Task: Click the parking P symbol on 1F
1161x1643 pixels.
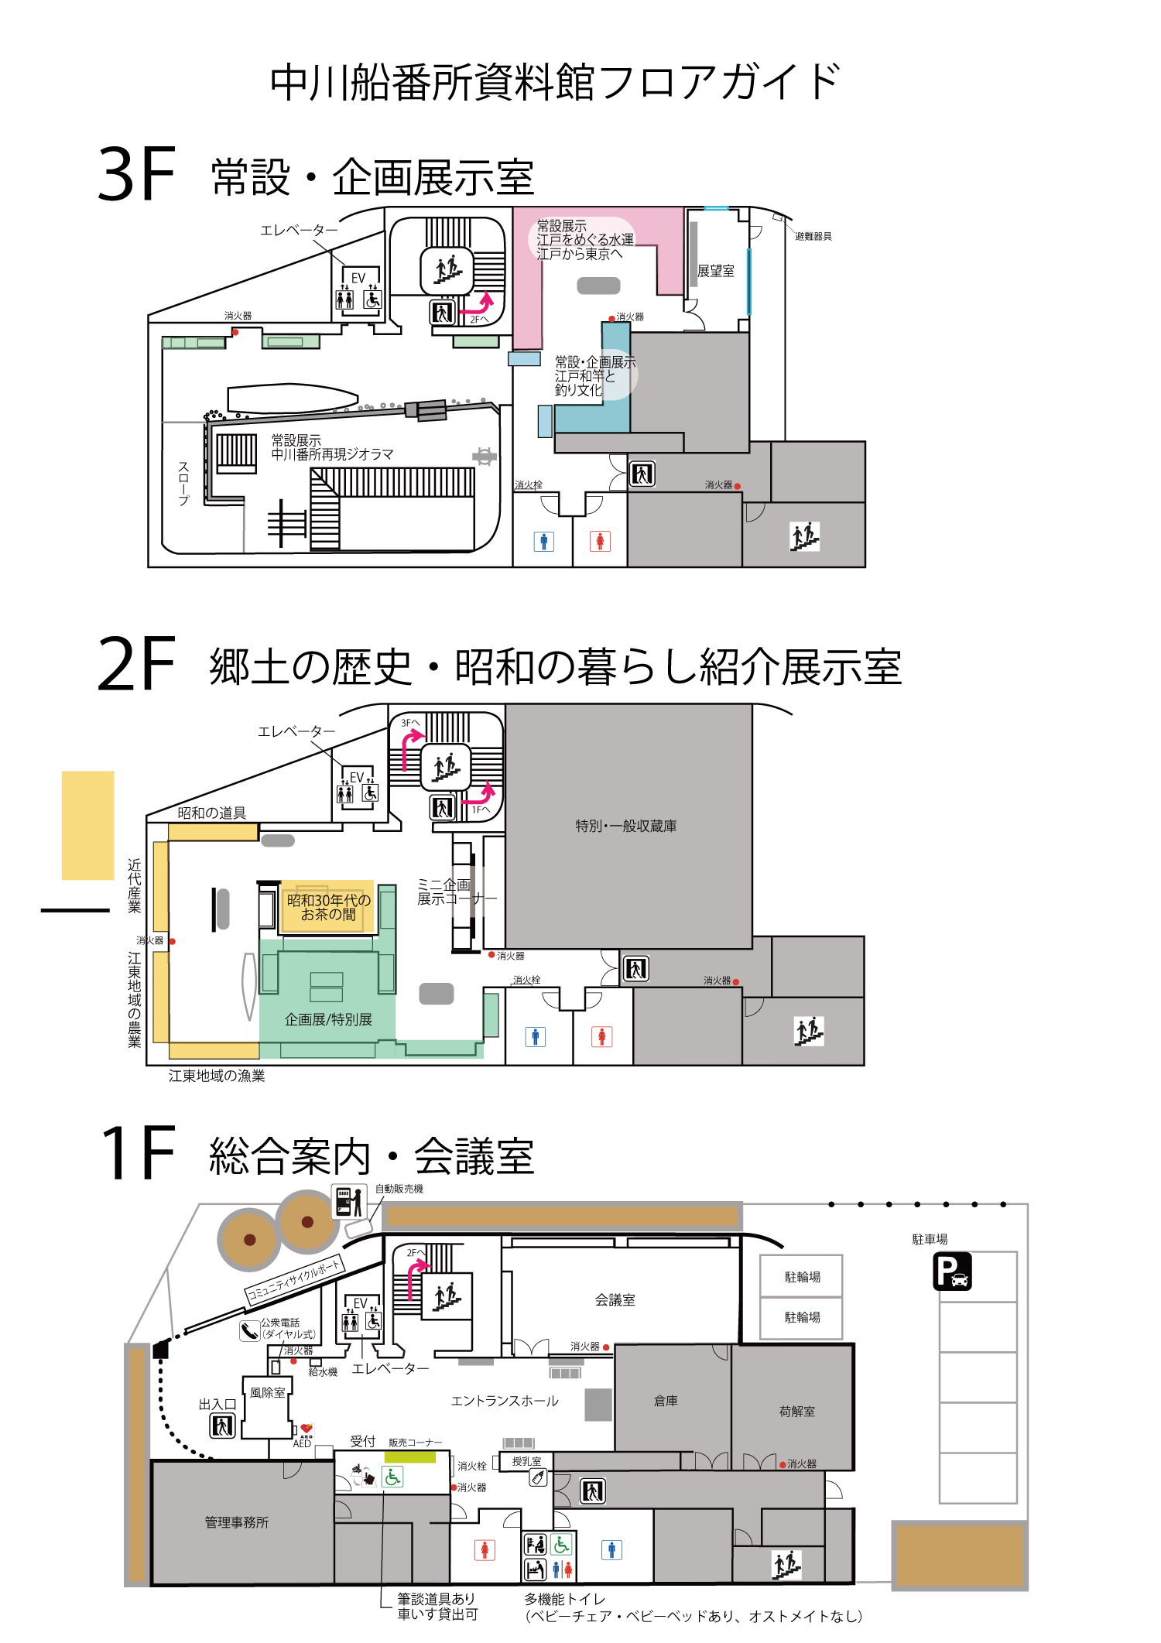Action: point(952,1272)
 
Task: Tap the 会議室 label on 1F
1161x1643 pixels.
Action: point(615,1300)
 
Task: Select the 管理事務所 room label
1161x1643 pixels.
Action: point(236,1522)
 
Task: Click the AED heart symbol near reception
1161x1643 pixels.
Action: point(307,1429)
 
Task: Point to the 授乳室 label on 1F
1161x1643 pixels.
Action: point(526,1461)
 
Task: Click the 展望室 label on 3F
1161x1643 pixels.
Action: point(715,271)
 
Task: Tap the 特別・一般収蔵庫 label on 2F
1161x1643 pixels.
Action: point(625,826)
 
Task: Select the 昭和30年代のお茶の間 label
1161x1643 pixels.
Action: point(328,907)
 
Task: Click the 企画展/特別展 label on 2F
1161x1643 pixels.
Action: point(328,1019)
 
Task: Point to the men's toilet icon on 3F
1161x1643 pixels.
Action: point(543,542)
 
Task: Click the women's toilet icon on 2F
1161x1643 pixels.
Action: point(601,1036)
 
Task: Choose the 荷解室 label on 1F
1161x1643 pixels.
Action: point(796,1411)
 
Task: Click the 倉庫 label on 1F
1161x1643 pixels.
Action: point(666,1400)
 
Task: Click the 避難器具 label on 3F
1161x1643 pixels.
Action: point(813,236)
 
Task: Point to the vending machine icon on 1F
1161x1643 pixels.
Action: point(348,1202)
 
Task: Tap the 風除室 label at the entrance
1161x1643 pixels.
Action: point(267,1392)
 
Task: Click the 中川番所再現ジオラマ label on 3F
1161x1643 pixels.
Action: point(332,454)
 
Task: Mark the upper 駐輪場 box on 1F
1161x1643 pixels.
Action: point(802,1276)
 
